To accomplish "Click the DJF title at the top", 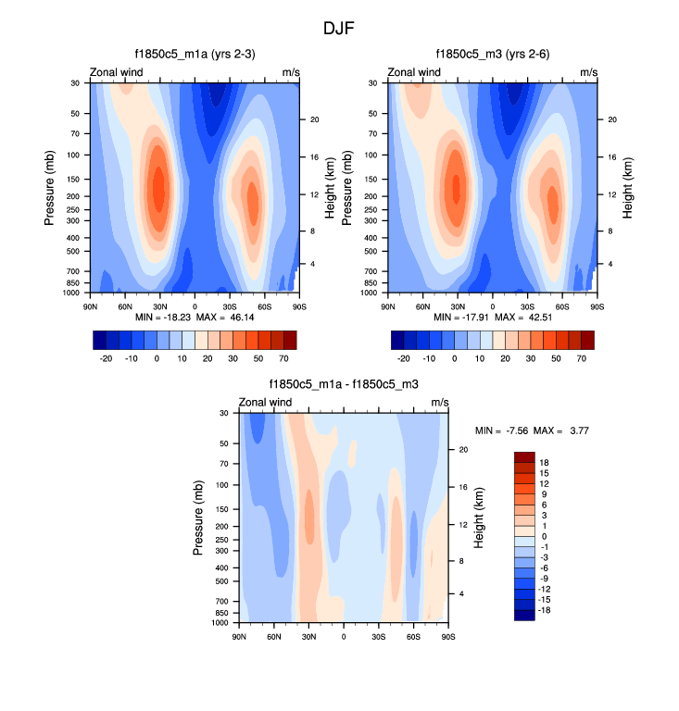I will click(339, 29).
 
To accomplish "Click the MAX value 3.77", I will click(579, 430).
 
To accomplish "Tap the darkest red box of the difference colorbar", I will click(525, 457).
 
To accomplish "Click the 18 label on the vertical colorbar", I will click(545, 462).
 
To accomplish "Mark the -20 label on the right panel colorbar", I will click(404, 356).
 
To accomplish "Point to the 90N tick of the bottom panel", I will click(239, 637).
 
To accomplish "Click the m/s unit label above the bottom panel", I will click(440, 402).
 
